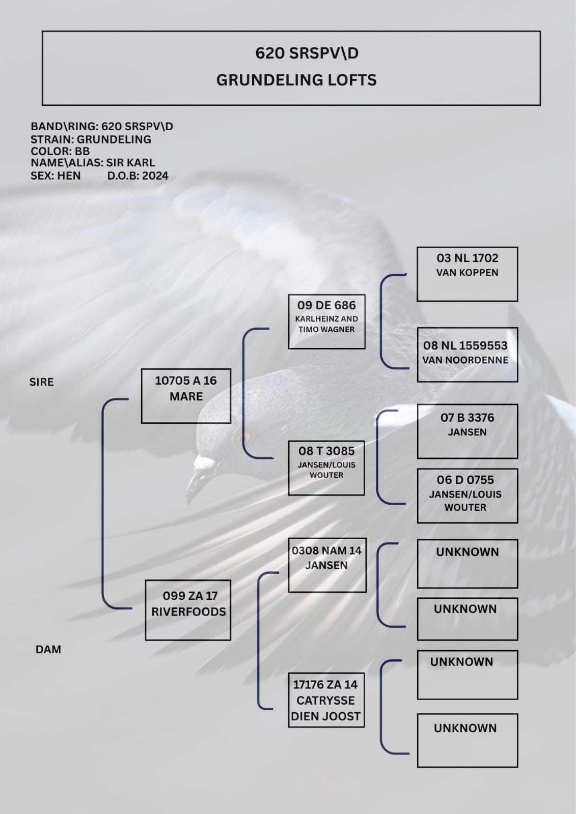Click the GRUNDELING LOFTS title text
pyautogui.click(x=296, y=80)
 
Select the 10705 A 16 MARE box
pyautogui.click(x=186, y=396)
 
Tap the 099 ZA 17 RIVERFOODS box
pyautogui.click(x=188, y=610)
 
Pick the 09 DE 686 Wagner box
pyautogui.click(x=327, y=322)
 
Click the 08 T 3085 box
pyautogui.click(x=326, y=468)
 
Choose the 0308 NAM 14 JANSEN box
pyautogui.click(x=327, y=565)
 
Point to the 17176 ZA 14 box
pyautogui.click(x=326, y=700)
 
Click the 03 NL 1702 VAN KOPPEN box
pyautogui.click(x=467, y=274)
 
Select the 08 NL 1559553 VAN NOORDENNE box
pyautogui.click(x=467, y=355)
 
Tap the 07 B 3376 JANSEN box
pyautogui.click(x=467, y=431)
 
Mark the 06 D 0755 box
pyautogui.click(x=467, y=496)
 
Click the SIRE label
pyautogui.click(x=41, y=382)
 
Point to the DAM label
pyautogui.click(x=48, y=649)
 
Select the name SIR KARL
pyautogui.click(x=130, y=162)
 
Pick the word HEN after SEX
pyautogui.click(x=69, y=176)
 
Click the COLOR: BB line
pyautogui.click(x=60, y=151)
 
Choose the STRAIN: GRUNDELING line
pyautogui.click(x=91, y=139)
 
